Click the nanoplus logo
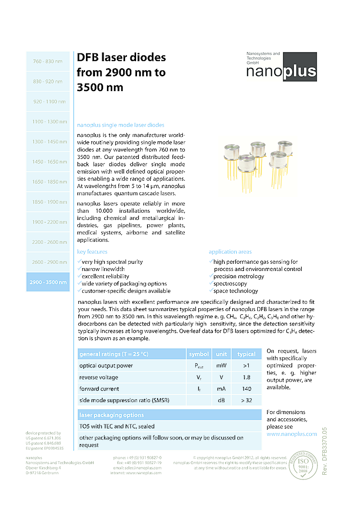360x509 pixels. tap(281, 67)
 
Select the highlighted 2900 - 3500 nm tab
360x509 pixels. tap(48, 282)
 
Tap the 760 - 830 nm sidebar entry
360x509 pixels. tap(48, 62)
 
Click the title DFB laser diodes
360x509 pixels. tap(121, 58)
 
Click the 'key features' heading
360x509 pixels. tap(92, 252)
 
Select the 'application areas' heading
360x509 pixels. tap(230, 252)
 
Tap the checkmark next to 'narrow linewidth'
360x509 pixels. tap(79, 269)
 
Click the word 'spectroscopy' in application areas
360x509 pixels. tap(230, 283)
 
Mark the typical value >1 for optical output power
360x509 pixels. tap(246, 366)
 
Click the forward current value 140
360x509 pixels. tap(246, 389)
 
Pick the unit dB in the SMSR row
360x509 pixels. tap(221, 400)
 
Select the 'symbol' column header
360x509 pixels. tap(199, 354)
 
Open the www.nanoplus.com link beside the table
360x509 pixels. tap(291, 434)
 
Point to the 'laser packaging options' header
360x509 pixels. tap(111, 415)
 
